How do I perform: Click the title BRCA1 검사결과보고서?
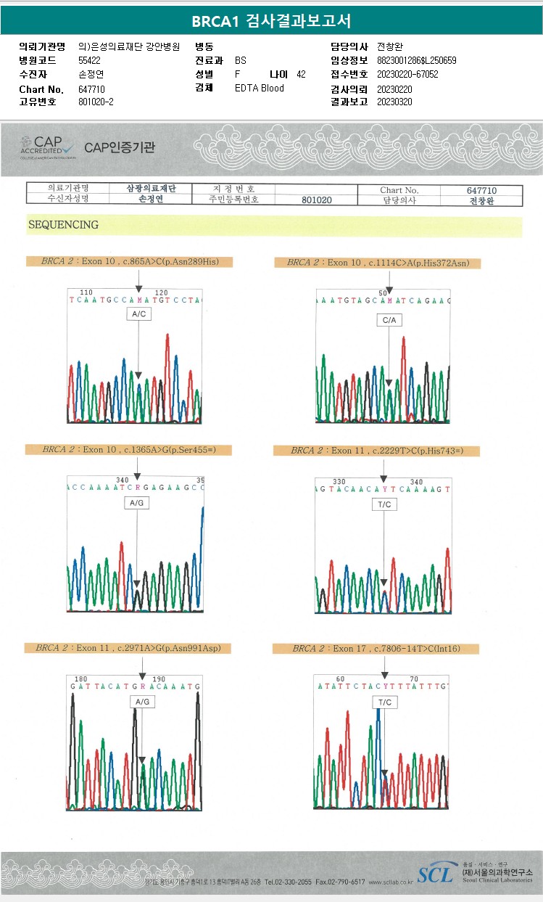(x=271, y=22)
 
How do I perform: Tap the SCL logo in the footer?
(x=435, y=874)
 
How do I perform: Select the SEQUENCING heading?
(x=63, y=225)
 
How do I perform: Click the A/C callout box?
(x=138, y=313)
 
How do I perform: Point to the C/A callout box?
(x=389, y=320)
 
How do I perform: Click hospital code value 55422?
(x=89, y=60)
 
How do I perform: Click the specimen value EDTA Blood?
(x=260, y=88)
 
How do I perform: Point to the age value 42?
(x=301, y=74)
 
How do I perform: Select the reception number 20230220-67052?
(x=407, y=74)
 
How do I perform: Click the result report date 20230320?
(x=394, y=102)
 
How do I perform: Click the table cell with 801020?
(x=317, y=200)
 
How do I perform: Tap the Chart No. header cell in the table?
(x=399, y=190)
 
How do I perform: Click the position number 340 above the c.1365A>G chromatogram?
(x=123, y=480)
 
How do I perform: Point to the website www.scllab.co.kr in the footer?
(x=391, y=882)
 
